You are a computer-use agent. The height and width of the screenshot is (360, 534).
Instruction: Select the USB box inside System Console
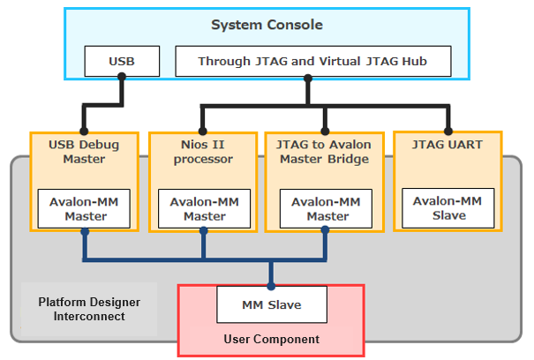coord(122,62)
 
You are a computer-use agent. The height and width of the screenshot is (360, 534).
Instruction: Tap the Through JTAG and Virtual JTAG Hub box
coord(312,62)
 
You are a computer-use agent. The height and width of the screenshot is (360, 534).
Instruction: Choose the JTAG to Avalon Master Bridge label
coord(325,152)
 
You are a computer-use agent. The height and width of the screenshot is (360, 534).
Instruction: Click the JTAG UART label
coord(448,145)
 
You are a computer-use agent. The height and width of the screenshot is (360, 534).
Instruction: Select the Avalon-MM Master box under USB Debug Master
coord(85,209)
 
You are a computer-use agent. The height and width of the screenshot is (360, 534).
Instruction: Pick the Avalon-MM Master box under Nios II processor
coord(204,209)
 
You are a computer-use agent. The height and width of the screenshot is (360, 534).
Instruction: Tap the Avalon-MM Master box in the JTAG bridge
coord(325,209)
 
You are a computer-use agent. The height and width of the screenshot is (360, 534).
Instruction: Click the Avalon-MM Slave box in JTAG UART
coord(448,208)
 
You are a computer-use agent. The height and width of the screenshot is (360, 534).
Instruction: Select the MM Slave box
coord(271,305)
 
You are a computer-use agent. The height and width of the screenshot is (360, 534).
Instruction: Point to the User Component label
coord(271,339)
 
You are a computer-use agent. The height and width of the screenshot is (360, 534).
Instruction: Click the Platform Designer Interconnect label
coord(87,310)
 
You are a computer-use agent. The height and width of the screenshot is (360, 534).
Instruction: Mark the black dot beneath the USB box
coord(122,77)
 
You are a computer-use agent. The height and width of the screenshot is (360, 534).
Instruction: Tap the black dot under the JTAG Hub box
coord(308,77)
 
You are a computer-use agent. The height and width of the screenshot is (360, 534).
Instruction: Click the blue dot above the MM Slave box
coord(271,285)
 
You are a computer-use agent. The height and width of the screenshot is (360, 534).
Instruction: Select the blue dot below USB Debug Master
coord(85,232)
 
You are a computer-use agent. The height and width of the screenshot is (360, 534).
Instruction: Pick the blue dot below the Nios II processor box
coord(204,232)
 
